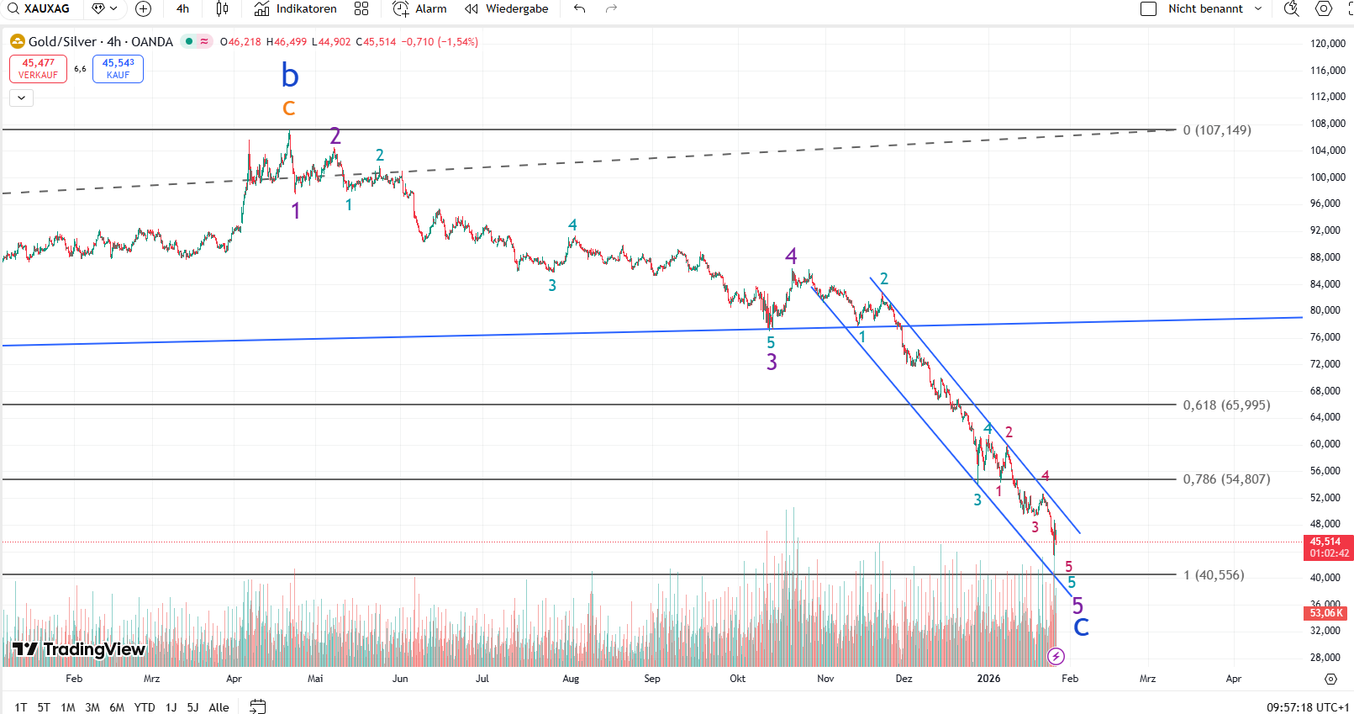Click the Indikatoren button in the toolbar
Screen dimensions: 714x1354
coord(296,9)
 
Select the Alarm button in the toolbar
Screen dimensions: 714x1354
coord(420,9)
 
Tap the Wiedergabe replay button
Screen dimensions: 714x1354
coord(507,9)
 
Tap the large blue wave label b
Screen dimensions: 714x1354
coord(290,76)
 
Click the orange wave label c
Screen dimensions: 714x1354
coord(289,108)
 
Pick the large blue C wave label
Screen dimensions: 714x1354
coord(1081,627)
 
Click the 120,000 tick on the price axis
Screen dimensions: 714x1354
coord(1328,44)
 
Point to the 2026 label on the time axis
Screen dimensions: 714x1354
coord(988,679)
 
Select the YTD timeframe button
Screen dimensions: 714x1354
coord(145,707)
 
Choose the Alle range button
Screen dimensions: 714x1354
coord(219,707)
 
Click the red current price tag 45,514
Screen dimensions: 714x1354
coord(1327,547)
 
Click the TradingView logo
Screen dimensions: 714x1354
coord(80,649)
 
